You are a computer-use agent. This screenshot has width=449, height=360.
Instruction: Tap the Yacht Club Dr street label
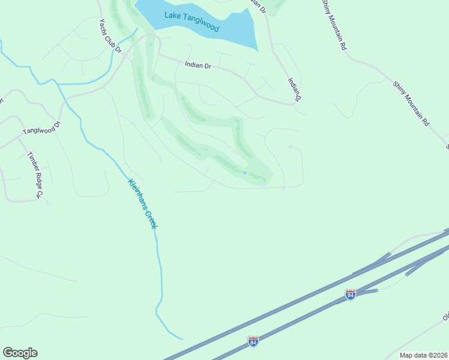(x=110, y=35)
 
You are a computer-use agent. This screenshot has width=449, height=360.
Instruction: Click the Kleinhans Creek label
(x=142, y=203)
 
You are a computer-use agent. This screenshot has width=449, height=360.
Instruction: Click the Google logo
(x=20, y=353)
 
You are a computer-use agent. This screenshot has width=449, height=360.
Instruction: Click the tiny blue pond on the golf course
(x=244, y=173)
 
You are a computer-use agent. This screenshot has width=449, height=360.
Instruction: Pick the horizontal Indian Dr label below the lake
(x=198, y=65)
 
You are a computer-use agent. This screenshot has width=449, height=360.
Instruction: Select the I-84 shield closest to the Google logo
(x=253, y=341)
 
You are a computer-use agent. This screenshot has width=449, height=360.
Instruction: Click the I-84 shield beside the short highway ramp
(x=351, y=294)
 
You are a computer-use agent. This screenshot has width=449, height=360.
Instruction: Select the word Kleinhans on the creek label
(x=137, y=194)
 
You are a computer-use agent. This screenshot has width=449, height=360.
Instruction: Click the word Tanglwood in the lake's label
(x=202, y=25)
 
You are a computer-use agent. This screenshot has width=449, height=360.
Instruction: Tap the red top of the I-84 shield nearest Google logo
(x=253, y=338)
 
